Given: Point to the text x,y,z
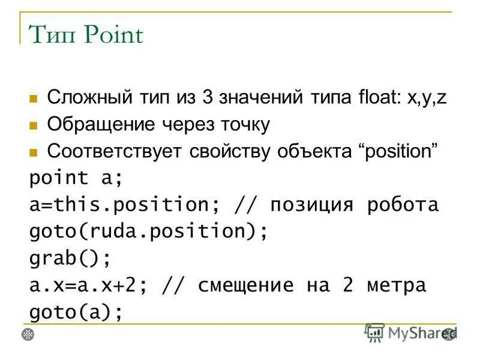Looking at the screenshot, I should [x=427, y=98].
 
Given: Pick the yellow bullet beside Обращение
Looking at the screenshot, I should [x=34, y=125].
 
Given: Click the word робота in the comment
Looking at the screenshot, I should [x=403, y=205].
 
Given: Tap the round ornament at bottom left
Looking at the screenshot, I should [x=28, y=334].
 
